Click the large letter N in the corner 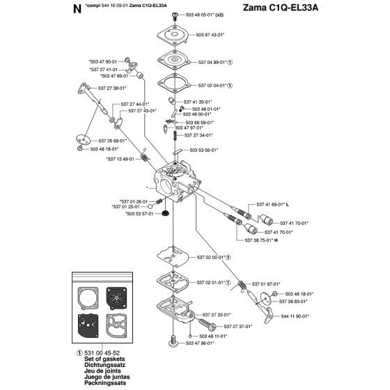coord(77,9)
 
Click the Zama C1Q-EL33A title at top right coord(280,8)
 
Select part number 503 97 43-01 coord(210,35)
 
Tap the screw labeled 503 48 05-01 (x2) coord(175,16)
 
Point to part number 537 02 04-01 coord(212,86)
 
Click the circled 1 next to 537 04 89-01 coord(230,63)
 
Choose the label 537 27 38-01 coord(112,88)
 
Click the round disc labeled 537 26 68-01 coord(84,139)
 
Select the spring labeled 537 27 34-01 coord(175,135)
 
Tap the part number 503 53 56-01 coord(204,150)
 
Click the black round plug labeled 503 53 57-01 coord(164,214)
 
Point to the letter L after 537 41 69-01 coord(288,205)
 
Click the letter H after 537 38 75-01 coord(276,240)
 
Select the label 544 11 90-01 coord(295,316)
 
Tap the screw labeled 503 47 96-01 coord(173,341)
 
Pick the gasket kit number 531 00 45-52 coord(102,353)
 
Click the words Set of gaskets coord(104,359)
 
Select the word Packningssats coord(105,383)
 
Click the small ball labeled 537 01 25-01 coord(150,206)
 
